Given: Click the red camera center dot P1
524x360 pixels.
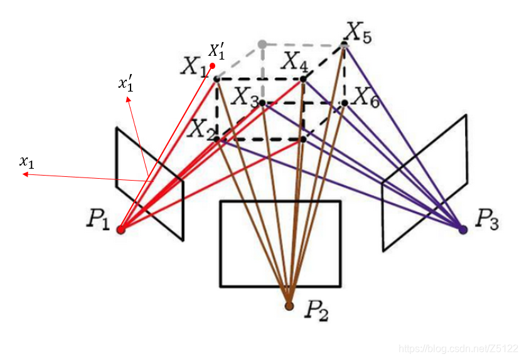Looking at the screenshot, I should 121,230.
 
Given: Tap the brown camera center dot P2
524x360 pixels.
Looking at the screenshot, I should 289,305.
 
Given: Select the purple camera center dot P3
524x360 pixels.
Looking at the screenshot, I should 463,230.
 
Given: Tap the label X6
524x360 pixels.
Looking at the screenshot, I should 366,97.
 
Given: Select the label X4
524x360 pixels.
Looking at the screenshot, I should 294,61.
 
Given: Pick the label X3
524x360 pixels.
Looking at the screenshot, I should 245,97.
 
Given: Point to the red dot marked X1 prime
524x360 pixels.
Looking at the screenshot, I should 213,65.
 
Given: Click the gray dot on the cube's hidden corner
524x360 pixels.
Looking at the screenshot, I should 262,44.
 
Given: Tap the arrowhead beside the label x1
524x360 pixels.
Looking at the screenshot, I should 24,175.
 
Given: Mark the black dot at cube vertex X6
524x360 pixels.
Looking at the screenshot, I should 345,102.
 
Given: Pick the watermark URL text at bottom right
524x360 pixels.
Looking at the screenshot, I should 459,348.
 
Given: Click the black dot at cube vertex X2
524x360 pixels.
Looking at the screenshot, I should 217,139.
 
